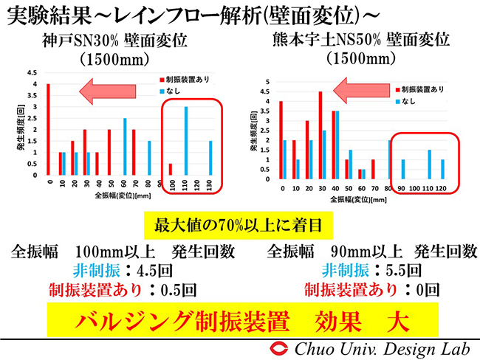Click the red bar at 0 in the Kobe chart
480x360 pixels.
click(x=49, y=129)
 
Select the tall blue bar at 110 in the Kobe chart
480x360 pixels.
click(x=185, y=141)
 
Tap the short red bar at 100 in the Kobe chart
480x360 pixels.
click(x=171, y=169)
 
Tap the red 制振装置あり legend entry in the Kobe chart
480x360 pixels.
click(x=185, y=77)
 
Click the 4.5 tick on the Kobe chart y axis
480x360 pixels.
click(x=32, y=73)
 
